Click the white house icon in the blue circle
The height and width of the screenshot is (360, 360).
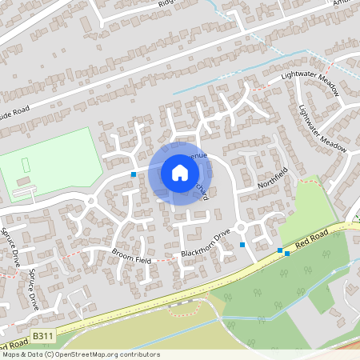[x=179, y=173]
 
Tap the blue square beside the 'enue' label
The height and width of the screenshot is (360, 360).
[x=133, y=174]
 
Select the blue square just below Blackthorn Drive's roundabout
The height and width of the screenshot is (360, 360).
[x=242, y=246]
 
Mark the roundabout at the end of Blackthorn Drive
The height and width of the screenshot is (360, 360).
[x=242, y=230]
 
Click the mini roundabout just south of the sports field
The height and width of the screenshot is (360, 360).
[x=90, y=201]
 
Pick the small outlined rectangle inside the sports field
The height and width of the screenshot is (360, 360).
[x=26, y=165]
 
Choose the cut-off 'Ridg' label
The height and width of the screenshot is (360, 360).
[x=166, y=2]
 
